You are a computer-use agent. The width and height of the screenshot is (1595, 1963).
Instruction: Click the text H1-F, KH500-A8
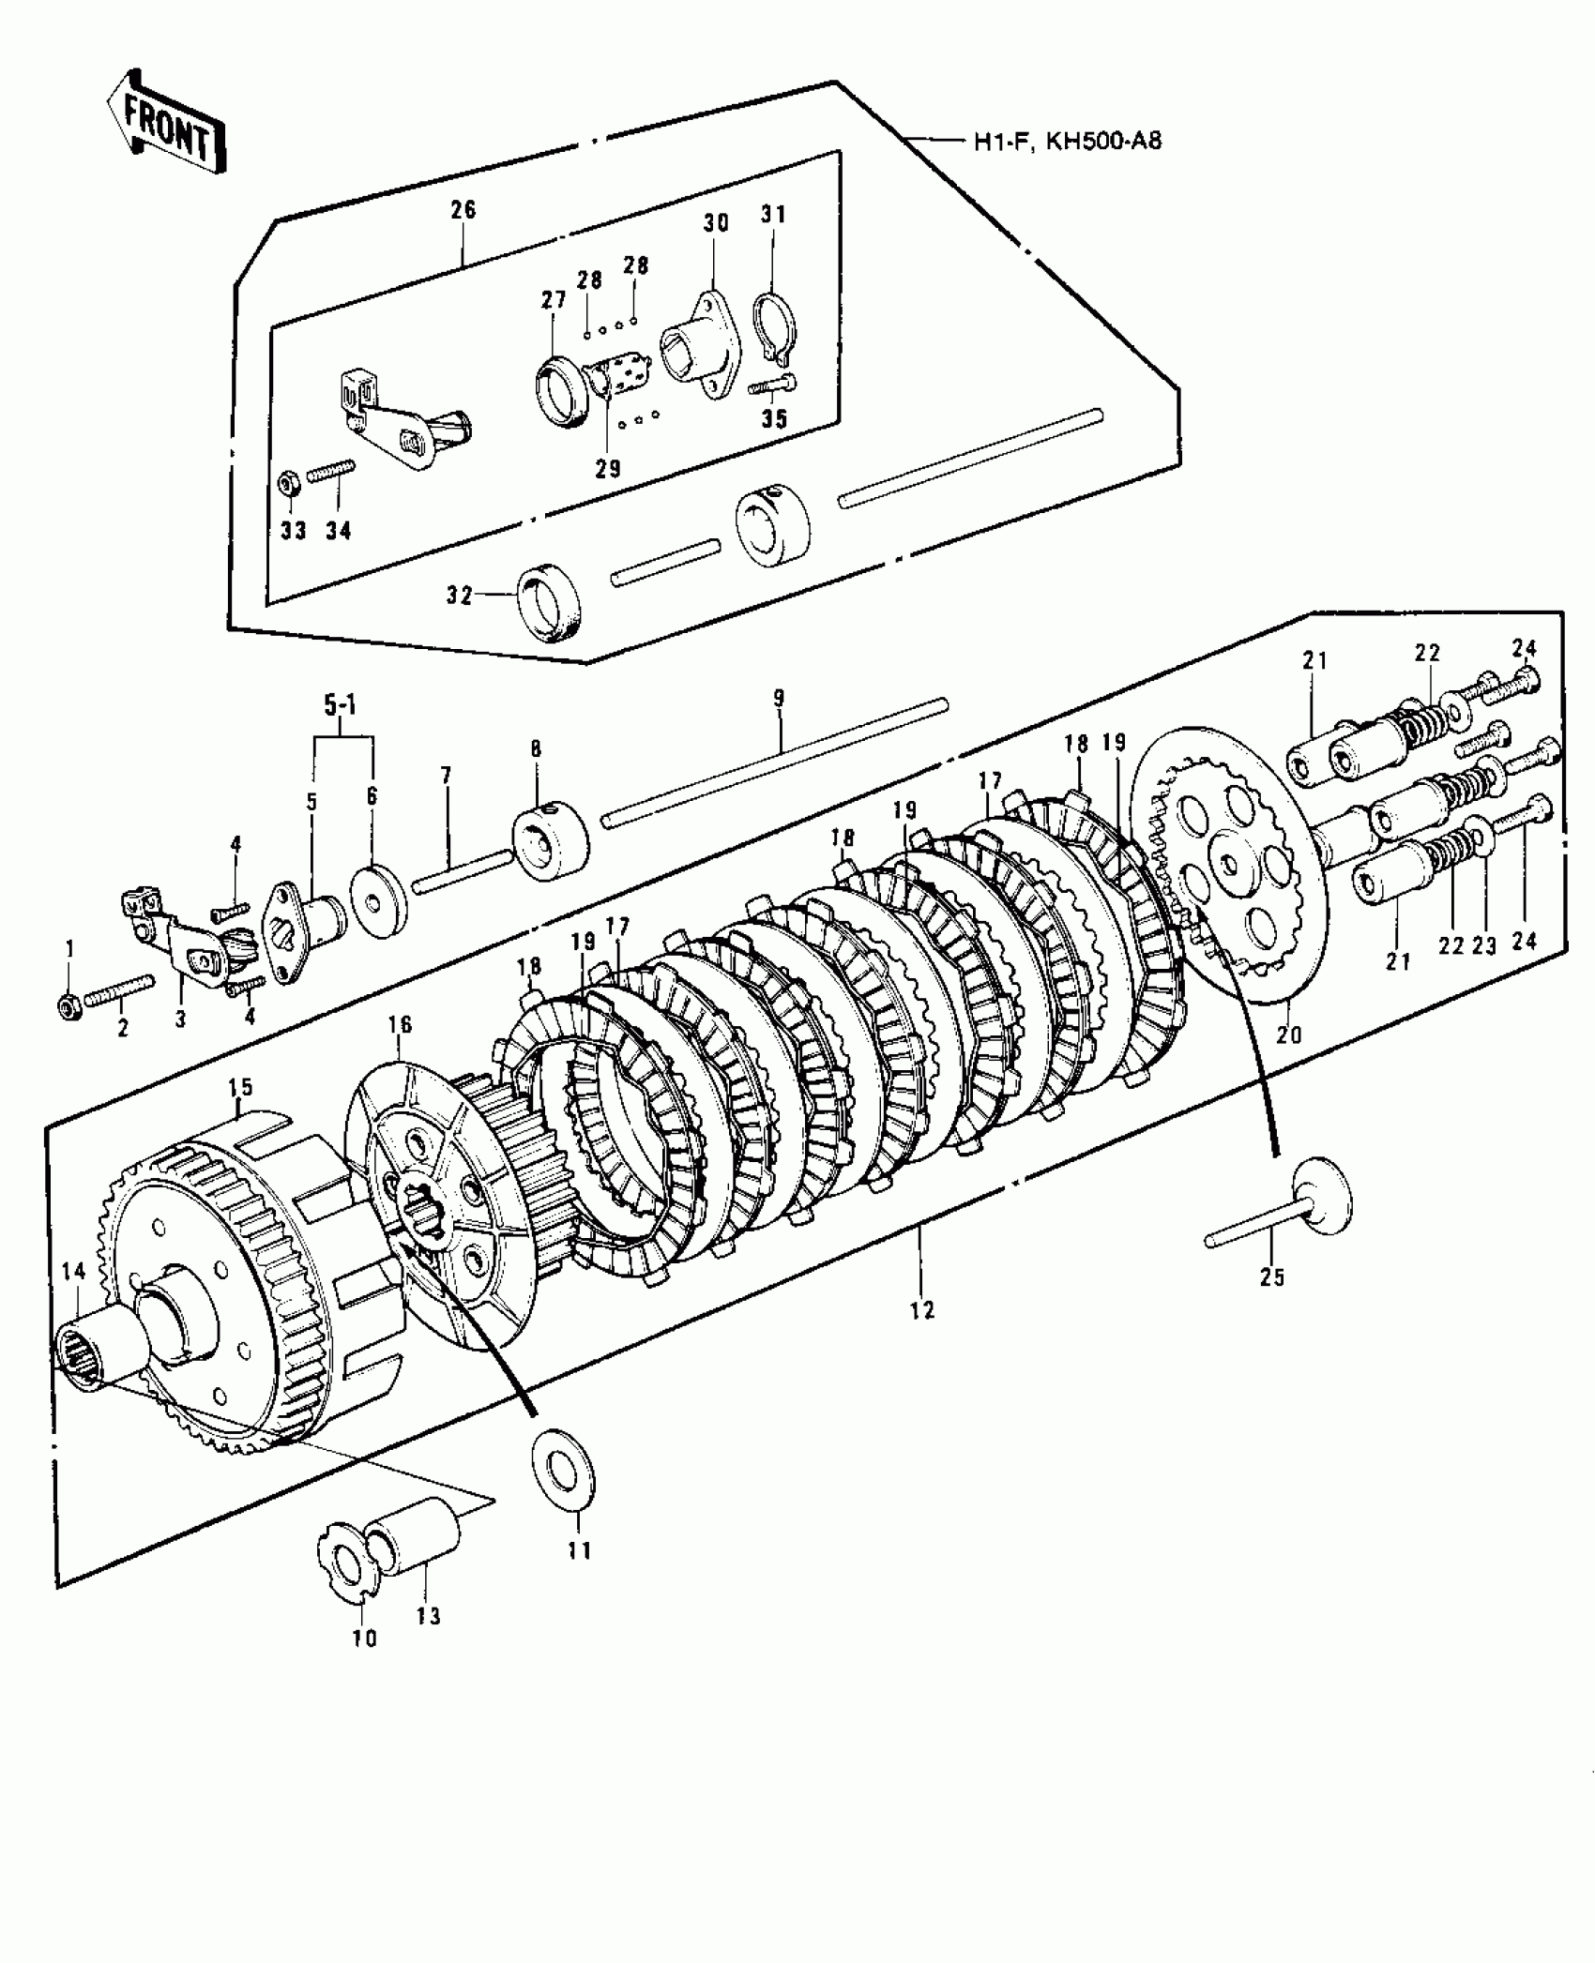[x=1068, y=143]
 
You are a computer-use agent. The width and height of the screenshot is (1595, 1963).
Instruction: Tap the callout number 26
[x=463, y=209]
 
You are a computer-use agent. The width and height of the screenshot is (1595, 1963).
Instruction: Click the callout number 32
[x=459, y=596]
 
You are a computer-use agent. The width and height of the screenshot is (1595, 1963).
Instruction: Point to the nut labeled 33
[x=287, y=485]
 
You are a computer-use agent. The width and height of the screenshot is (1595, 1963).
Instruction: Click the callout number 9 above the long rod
[x=779, y=699]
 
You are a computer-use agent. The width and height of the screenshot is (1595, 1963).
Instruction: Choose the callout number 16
[x=400, y=1025]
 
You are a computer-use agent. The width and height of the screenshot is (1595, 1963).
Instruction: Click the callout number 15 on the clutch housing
[x=240, y=1088]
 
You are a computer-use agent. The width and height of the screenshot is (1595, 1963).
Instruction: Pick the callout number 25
[x=1271, y=1277]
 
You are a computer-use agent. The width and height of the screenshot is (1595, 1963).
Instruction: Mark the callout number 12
[x=922, y=1311]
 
